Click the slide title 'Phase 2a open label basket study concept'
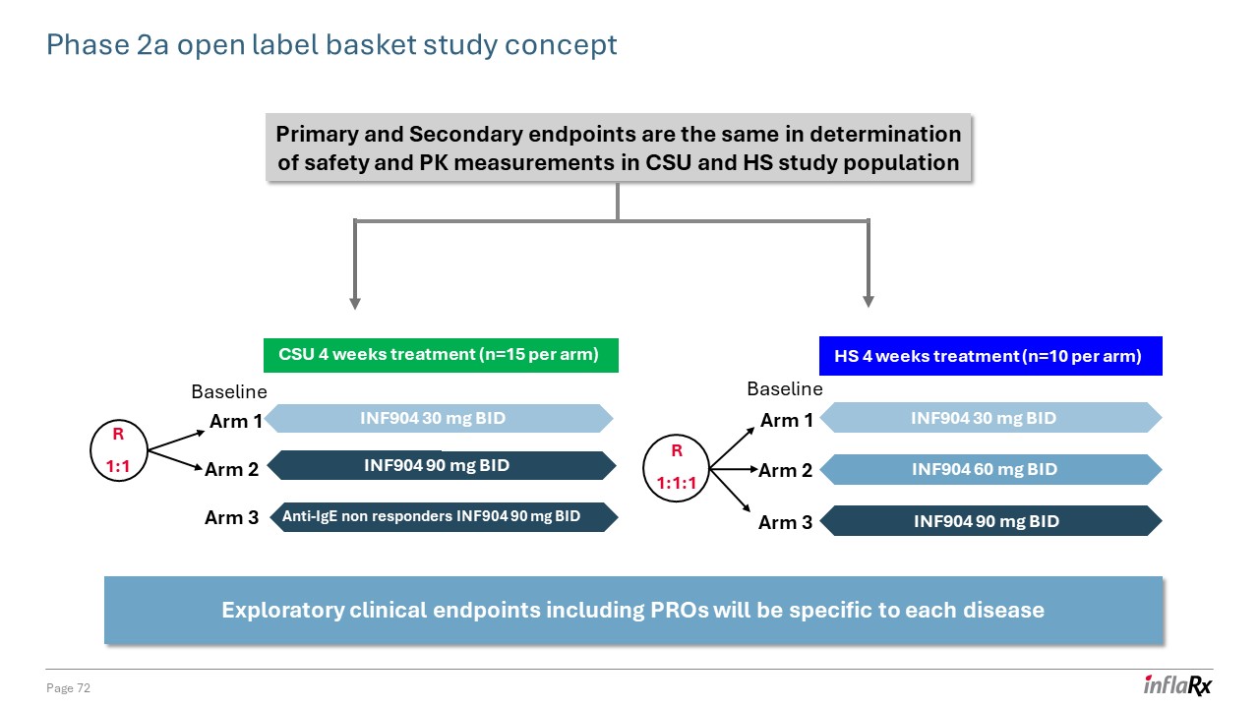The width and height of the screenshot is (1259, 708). pos(332,45)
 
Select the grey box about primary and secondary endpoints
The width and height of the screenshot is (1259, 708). pos(619,148)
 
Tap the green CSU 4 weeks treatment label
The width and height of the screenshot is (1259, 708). pos(440,355)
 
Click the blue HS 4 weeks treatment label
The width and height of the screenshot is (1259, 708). pos(990,356)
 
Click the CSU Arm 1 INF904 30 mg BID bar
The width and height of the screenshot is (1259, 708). pos(440,419)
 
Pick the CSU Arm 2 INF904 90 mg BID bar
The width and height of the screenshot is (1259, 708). pos(442,465)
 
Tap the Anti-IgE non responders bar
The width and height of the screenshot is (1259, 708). pos(442,516)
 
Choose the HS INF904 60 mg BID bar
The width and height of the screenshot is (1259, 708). pos(990,470)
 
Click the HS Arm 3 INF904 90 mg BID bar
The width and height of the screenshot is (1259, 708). pos(990,521)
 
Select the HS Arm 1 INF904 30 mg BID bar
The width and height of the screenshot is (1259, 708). pos(990,419)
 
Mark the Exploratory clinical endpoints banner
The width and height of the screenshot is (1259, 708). pos(632,611)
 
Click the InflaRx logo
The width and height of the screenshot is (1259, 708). pos(1177,685)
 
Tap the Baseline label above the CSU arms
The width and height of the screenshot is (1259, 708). pos(228,392)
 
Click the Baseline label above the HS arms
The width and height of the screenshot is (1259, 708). pos(784,389)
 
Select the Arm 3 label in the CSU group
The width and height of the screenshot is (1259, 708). pos(231,517)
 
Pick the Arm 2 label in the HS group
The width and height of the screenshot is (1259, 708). pos(786,471)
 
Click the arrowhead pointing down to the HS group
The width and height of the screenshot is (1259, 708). pos(868,301)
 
